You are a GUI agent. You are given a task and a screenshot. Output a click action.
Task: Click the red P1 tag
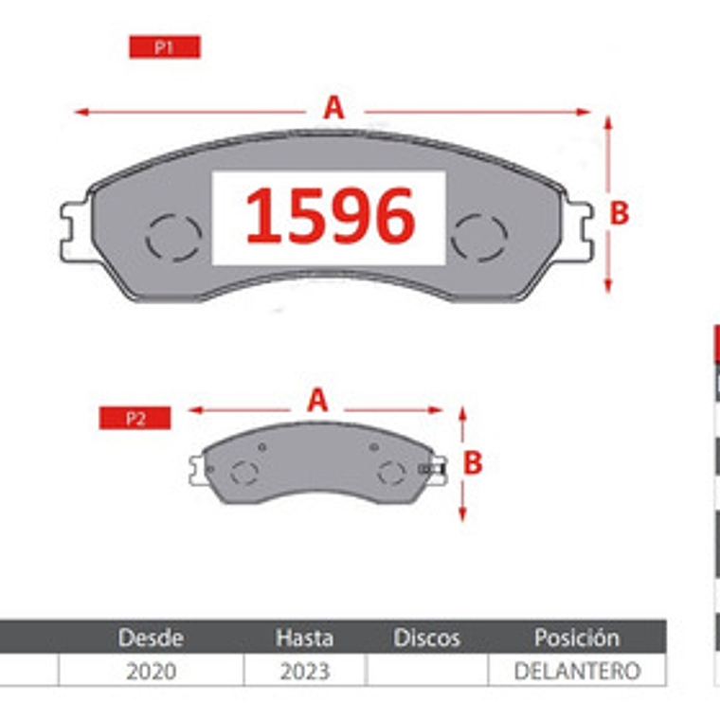pos(164,47)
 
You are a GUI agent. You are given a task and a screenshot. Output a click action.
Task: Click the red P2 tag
pos(135,418)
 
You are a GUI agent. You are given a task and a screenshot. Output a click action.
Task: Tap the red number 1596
pos(330,216)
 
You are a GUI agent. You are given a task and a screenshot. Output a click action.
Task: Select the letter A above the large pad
pos(333,108)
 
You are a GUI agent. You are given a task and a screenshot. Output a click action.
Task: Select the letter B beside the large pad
pos(619,214)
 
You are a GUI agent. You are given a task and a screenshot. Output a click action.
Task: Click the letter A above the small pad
pos(317,401)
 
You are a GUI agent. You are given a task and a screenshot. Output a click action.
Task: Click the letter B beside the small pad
pos(473,463)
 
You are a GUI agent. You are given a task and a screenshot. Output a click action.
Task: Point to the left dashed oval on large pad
pos(173,237)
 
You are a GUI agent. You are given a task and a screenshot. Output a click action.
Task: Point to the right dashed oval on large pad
pos(478,237)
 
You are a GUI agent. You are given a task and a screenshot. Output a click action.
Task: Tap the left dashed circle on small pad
pos(244,472)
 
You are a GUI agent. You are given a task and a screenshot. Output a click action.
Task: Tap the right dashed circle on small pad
pos(391,472)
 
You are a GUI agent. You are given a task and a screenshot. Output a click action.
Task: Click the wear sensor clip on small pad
pos(432,468)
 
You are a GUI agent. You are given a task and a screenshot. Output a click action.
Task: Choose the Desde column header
pos(151,638)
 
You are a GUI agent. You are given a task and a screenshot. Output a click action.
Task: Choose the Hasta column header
pos(304,638)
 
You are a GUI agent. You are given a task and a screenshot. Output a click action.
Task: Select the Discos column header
pos(426,638)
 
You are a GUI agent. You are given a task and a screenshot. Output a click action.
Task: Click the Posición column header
pos(576,638)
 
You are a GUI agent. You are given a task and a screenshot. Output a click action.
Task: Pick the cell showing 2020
pos(151,671)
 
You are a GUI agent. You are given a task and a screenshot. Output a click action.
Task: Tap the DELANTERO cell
pos(576,671)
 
